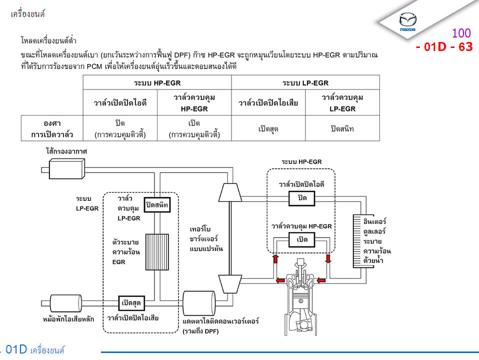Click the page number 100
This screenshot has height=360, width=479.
click(461, 33)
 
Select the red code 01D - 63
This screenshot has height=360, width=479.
click(444, 47)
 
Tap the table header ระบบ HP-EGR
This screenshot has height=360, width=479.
click(157, 82)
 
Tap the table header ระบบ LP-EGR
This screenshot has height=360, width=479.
click(305, 82)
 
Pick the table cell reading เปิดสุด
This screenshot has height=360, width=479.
click(268, 128)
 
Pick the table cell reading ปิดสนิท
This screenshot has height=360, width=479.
click(342, 128)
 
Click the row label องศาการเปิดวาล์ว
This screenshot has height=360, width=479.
click(52, 128)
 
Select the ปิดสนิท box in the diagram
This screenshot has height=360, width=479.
click(157, 205)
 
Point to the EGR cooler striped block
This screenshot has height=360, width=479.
click(157, 251)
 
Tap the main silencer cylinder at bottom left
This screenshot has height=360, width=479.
click(66, 303)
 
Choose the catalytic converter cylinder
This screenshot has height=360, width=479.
click(199, 303)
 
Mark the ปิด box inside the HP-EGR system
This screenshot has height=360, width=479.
click(302, 198)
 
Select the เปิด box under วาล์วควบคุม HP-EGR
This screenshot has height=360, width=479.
click(302, 239)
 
